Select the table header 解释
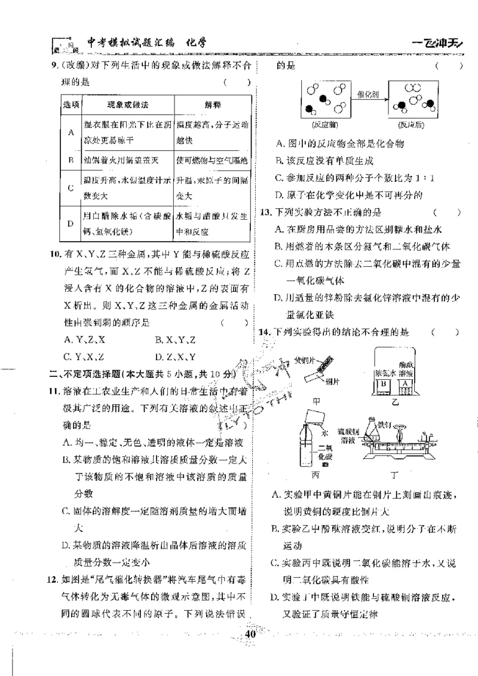(212, 105)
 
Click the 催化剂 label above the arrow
(365, 95)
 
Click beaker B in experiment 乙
(386, 383)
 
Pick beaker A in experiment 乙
(406, 383)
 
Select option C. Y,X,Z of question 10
(84, 357)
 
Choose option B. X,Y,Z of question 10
(175, 340)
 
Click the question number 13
(265, 212)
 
